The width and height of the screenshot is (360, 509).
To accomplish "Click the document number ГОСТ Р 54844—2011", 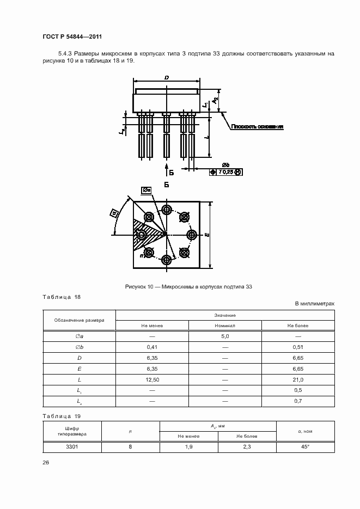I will coord(72,36).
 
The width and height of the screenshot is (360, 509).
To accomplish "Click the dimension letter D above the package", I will coord(166,78).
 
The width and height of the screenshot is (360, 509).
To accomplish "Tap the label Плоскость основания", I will coord(257,127).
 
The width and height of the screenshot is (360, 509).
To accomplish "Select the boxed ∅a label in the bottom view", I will coord(146,190).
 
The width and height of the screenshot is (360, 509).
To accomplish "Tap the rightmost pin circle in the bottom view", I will coord(192,235).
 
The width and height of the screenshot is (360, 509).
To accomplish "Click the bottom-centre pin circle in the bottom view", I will coord(166,260).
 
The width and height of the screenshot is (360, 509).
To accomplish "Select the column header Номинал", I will coord(225,326).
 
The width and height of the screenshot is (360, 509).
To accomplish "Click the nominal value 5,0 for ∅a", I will coord(225,336).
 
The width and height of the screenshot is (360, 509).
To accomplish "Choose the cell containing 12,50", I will coord(152,379).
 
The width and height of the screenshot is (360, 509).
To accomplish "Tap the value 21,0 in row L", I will coord(297,379).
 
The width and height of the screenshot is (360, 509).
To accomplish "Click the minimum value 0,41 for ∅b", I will coord(152,347).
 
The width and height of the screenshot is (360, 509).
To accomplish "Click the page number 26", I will coord(46,462).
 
